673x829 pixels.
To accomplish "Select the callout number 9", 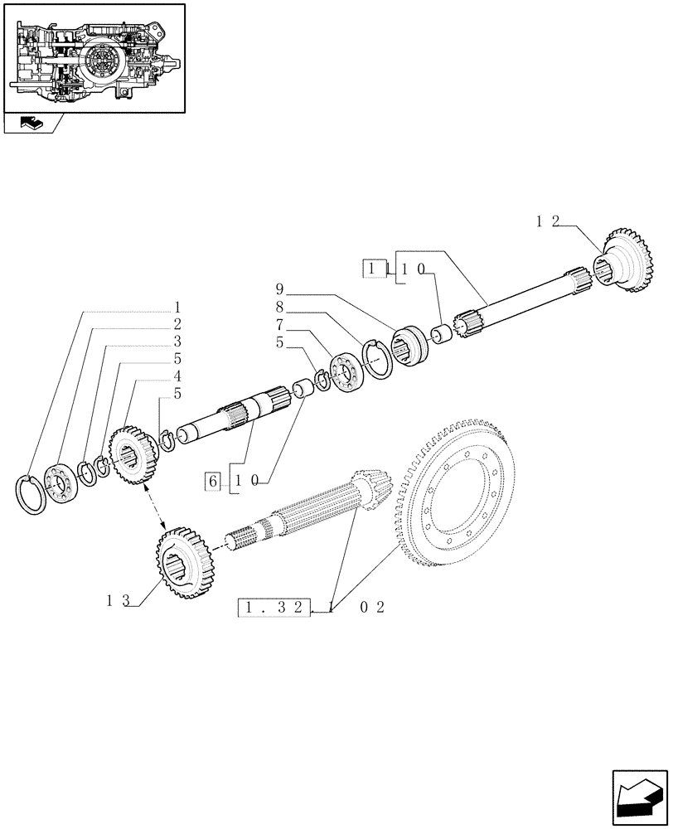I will pyautogui.click(x=280, y=289).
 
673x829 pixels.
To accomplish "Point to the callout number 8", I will pyautogui.click(x=280, y=306).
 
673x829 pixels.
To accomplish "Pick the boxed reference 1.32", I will pyautogui.click(x=274, y=608).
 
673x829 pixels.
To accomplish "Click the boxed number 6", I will pyautogui.click(x=213, y=481).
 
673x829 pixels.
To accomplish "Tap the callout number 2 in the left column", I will pyautogui.click(x=177, y=323).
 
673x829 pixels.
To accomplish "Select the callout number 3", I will pyautogui.click(x=177, y=341).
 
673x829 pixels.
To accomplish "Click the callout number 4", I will pyautogui.click(x=177, y=376).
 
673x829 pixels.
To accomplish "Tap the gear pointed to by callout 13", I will pyautogui.click(x=184, y=561).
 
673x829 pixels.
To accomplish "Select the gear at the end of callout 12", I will pyautogui.click(x=627, y=260).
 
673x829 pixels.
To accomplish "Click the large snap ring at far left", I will pyautogui.click(x=31, y=495).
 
